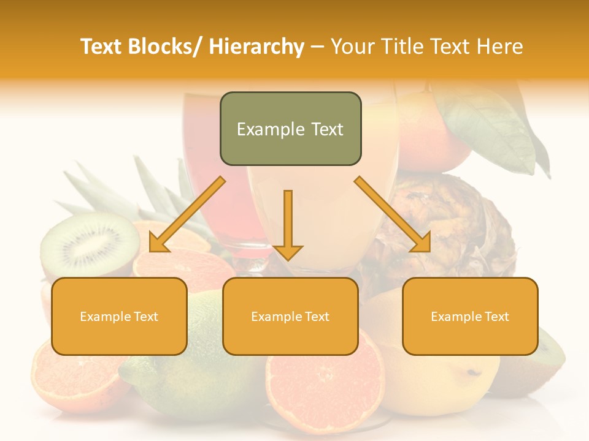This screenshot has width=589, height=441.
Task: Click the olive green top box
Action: click(x=290, y=129)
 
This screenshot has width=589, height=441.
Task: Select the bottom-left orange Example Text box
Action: click(x=119, y=316)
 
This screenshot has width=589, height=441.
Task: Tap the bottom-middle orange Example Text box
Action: click(x=290, y=316)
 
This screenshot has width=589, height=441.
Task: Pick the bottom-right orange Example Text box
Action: click(x=470, y=316)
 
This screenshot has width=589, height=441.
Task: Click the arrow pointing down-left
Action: click(x=187, y=215)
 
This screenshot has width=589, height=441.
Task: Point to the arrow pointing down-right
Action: click(x=393, y=214)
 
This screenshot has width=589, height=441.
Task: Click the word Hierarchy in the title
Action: click(x=256, y=47)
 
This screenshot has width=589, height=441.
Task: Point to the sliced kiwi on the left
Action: click(x=89, y=245)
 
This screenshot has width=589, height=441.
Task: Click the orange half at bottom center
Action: click(x=325, y=386)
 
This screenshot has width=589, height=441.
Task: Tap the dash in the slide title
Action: click(x=317, y=47)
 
